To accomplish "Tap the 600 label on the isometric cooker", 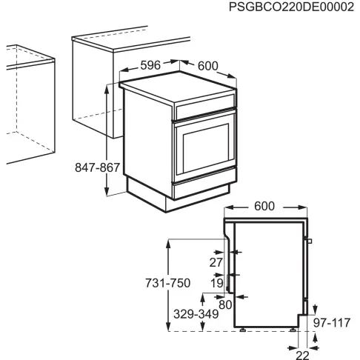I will (x=208, y=66).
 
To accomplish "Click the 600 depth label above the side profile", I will (x=264, y=205).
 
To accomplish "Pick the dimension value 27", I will (x=216, y=261).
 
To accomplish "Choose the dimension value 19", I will (x=216, y=282).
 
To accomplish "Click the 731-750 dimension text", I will (x=167, y=283).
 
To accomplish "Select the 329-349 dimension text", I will (x=196, y=315).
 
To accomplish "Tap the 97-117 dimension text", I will (x=331, y=324).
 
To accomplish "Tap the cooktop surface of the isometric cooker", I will (x=178, y=87).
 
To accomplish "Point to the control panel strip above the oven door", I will (x=204, y=113).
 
